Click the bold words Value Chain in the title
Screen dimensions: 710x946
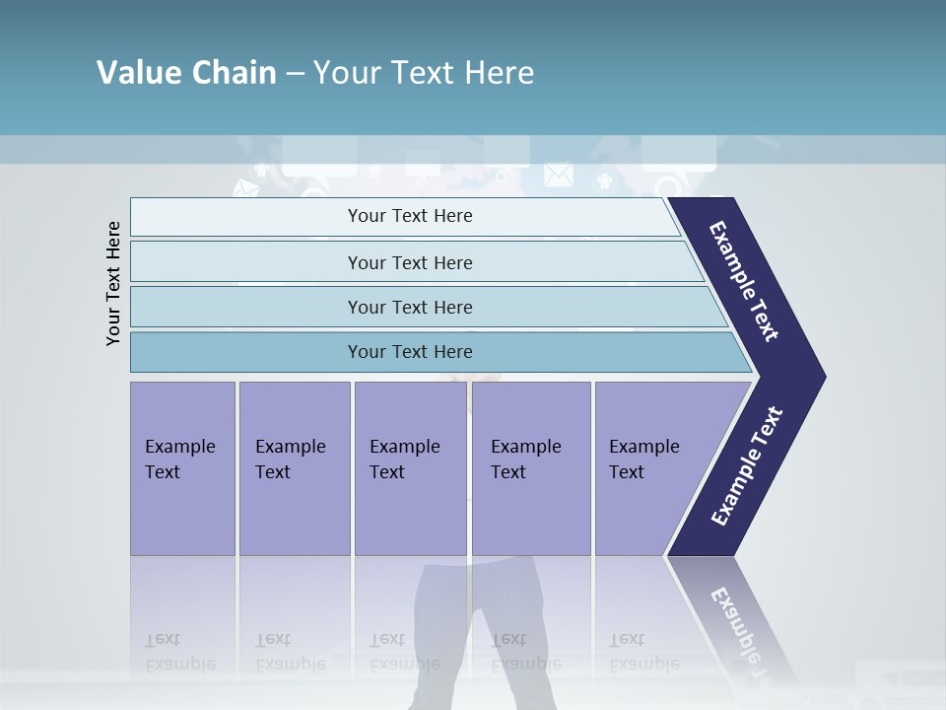186,73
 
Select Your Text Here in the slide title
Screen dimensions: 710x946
424,73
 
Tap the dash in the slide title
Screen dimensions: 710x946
295,73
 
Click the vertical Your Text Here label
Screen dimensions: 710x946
113,284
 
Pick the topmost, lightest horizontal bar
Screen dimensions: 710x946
404,216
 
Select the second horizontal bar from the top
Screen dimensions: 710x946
414,262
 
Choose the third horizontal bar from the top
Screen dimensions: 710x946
424,307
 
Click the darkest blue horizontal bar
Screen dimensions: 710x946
434,352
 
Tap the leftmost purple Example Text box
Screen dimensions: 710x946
182,468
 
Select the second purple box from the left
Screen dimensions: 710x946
294,468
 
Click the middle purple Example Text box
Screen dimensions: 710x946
410,468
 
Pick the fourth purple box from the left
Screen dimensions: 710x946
530,468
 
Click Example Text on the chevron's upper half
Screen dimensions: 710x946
745,281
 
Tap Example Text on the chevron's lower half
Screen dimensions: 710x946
747,466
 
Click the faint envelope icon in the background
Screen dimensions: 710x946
558,175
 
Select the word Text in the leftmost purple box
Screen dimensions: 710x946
163,472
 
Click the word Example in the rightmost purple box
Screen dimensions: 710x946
643,447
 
